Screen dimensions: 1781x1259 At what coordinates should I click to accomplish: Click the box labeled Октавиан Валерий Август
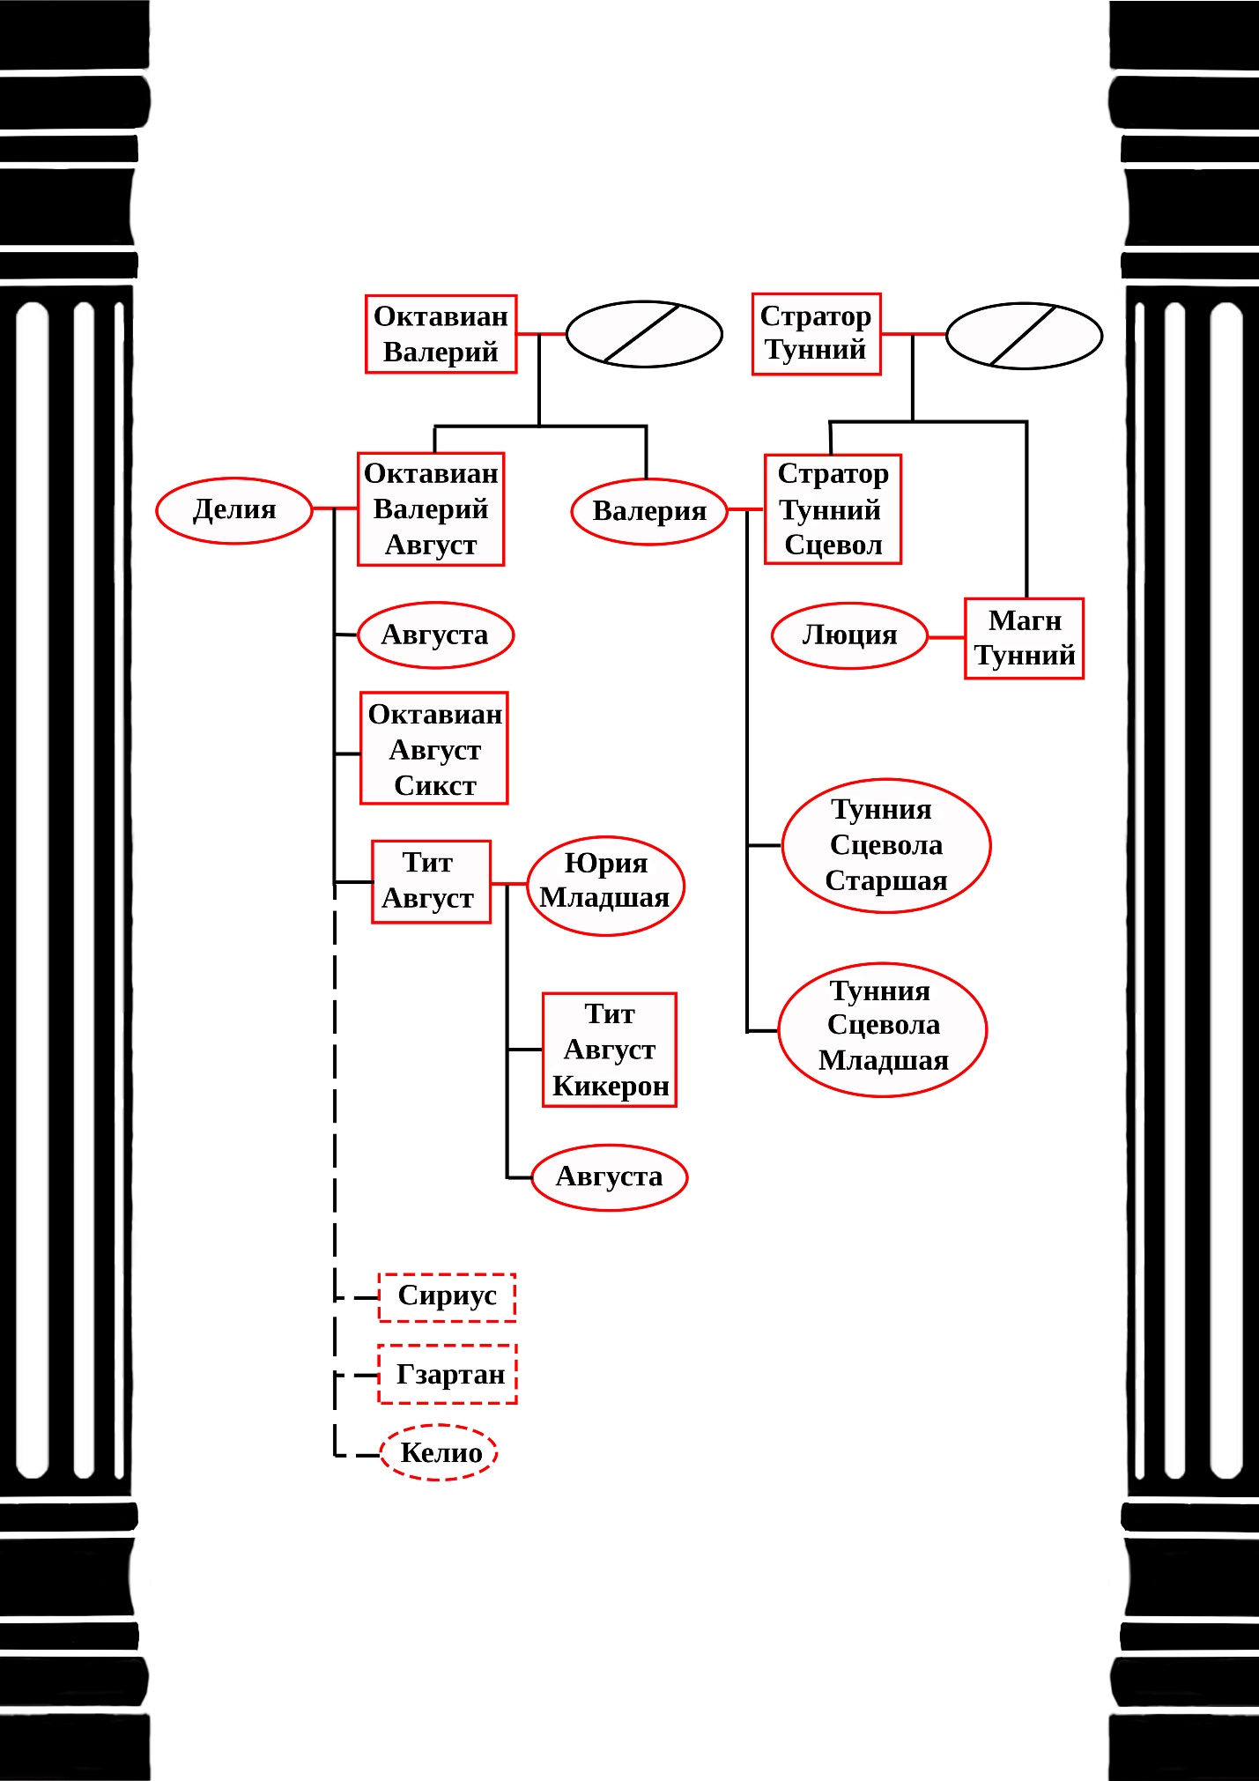(x=431, y=509)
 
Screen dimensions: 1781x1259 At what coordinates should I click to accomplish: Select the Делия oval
(x=234, y=510)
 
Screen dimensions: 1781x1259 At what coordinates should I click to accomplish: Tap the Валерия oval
(x=649, y=511)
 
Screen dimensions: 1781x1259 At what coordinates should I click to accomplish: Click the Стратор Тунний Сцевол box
(x=833, y=509)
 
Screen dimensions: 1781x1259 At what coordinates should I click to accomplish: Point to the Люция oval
(x=849, y=635)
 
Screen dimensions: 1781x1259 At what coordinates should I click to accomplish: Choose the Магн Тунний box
(x=1024, y=638)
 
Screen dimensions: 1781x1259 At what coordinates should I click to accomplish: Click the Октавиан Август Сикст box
(x=434, y=748)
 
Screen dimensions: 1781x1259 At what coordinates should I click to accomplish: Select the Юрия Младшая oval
(x=605, y=885)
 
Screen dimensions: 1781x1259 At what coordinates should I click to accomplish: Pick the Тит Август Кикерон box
(x=610, y=1050)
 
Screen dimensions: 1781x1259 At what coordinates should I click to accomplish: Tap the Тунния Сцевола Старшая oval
(x=885, y=845)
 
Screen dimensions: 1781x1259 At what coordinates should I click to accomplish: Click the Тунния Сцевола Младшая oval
(x=883, y=1028)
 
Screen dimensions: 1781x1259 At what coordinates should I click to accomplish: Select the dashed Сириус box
(x=447, y=1296)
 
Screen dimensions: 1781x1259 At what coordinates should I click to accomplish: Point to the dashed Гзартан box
(x=448, y=1374)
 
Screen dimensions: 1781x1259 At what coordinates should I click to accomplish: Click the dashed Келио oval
(x=439, y=1452)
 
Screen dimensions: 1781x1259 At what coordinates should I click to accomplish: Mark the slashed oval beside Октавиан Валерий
(x=644, y=334)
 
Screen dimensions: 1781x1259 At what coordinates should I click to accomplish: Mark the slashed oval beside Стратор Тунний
(x=1024, y=336)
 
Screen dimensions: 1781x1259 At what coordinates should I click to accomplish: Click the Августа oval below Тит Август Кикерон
(x=609, y=1176)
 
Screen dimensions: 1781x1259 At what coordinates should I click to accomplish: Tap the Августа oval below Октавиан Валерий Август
(x=435, y=634)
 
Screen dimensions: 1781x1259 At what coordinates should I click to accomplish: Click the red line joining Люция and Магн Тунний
(x=946, y=637)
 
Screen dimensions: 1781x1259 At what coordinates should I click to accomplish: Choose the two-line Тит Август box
(x=431, y=881)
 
